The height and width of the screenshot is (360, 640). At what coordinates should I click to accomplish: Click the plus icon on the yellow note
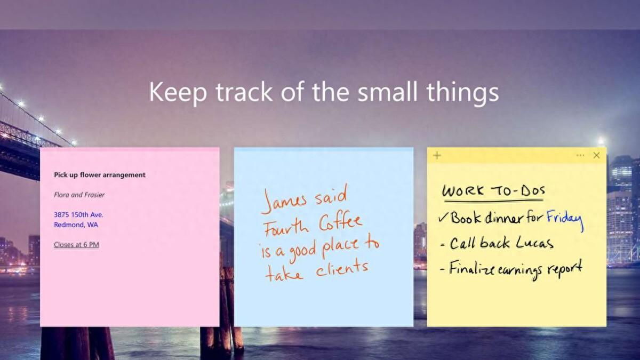pos(437,155)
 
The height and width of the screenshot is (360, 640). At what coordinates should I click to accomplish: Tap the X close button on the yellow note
pos(596,155)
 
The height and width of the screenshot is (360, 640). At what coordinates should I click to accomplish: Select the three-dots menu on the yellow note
pos(580,155)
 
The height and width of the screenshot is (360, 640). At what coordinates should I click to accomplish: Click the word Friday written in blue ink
pos(565,219)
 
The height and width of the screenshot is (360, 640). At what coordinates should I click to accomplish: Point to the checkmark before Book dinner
pos(443,218)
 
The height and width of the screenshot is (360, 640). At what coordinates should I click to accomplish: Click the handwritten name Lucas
pos(534,243)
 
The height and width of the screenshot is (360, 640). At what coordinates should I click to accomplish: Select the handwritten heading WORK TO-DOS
pos(493,191)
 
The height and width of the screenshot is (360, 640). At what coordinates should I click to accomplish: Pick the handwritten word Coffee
pos(340,223)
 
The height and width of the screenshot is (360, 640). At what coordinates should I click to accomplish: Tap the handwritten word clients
pos(342,269)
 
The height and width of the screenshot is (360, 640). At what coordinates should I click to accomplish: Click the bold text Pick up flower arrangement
pos(100,175)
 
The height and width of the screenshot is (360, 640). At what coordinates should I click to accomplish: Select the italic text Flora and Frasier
pos(79,195)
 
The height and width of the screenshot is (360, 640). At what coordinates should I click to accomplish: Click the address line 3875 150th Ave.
pos(78,214)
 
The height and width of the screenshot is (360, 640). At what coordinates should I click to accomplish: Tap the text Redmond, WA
pos(76,225)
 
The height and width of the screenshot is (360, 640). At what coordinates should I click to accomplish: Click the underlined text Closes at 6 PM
pos(77,245)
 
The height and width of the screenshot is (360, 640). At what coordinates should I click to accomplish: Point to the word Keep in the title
pos(178,92)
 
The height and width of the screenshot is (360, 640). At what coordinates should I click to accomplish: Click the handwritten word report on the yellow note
pos(565,269)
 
